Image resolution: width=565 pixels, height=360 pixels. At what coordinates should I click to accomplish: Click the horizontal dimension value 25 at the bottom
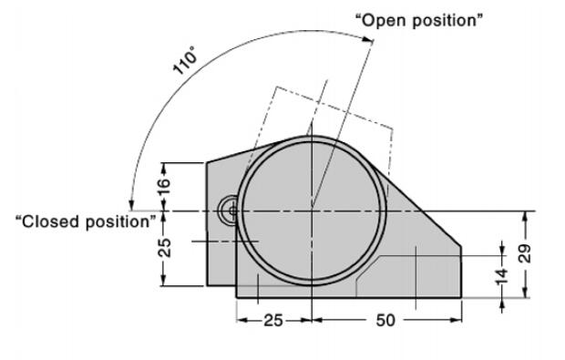(274, 321)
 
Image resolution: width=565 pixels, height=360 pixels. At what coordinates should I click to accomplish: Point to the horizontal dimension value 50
(386, 321)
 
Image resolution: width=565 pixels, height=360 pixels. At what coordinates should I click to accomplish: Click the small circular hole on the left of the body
(227, 211)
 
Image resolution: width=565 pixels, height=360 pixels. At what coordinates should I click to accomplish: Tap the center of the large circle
(312, 211)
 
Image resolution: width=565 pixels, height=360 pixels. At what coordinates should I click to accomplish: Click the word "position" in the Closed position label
(120, 221)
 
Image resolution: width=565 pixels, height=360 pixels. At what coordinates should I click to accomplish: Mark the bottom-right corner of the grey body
(461, 297)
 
